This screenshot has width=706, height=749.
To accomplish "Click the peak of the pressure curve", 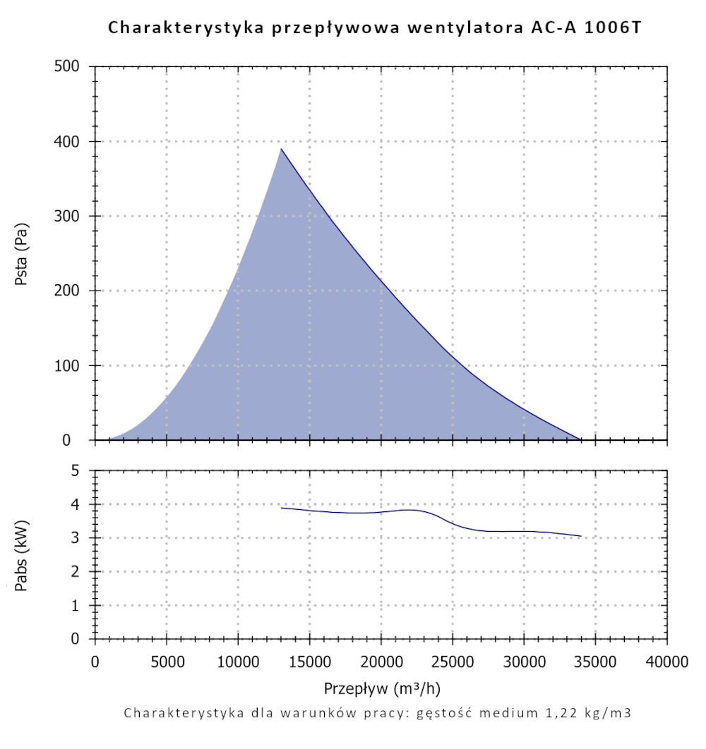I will coord(281,149).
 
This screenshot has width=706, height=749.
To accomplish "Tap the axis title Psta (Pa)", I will coord(22,254).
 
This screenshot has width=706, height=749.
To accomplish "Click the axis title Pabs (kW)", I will coord(22,554).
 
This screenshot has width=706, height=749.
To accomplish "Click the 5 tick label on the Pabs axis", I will coord(79,470).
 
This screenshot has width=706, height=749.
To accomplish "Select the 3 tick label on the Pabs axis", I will coord(79,538).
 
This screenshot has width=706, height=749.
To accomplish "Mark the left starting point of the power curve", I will coord(281,508).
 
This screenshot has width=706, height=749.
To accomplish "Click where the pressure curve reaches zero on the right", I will coord(580,439).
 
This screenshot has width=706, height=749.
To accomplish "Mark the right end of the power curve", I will coord(580,536).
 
